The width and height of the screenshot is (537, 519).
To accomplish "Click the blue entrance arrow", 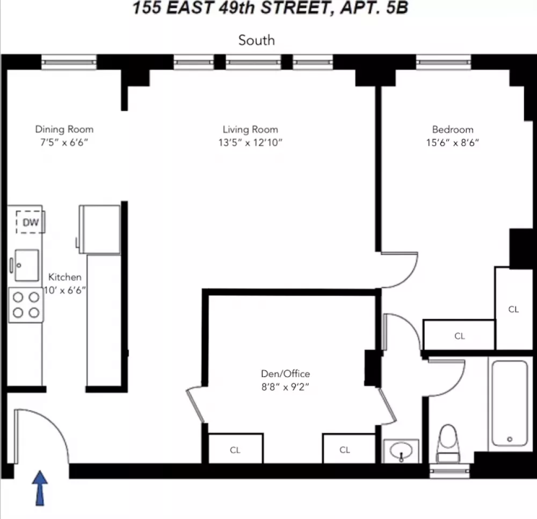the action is (x=40, y=488).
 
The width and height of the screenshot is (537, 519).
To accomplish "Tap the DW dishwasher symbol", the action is (x=31, y=222).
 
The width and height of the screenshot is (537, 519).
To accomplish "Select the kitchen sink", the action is (x=25, y=265).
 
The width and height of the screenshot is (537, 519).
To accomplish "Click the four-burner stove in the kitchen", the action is (x=26, y=305).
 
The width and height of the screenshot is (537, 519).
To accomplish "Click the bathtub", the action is (x=510, y=403).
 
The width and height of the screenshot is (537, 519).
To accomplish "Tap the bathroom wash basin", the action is (x=401, y=451).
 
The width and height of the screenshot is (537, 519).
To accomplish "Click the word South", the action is (x=257, y=40).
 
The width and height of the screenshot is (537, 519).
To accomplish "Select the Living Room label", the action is (x=250, y=130).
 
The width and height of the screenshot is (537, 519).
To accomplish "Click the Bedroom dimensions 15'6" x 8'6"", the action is (x=452, y=143).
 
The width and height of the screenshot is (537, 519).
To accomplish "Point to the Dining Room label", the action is (x=64, y=129).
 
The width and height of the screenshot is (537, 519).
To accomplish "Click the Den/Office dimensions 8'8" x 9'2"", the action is (x=285, y=387).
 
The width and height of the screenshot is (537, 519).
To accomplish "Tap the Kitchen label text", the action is (x=65, y=277).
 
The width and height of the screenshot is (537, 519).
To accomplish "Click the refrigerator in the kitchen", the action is (x=99, y=229).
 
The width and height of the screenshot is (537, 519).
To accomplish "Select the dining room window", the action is (x=69, y=62).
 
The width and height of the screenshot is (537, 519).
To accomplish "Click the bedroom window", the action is (x=444, y=62).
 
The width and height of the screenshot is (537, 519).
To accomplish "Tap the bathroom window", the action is (x=449, y=471).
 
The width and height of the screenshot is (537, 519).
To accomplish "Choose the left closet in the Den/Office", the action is (x=235, y=449).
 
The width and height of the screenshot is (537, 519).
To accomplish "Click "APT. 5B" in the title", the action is (x=374, y=8).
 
